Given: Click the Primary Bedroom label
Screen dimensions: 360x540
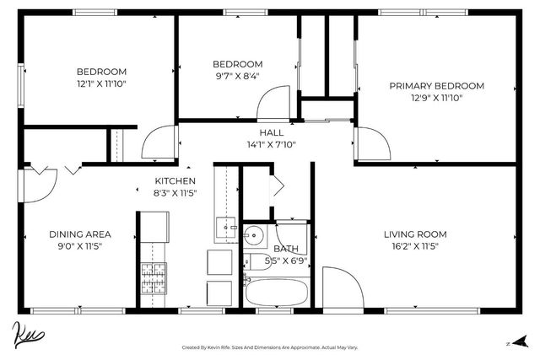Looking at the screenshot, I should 436,86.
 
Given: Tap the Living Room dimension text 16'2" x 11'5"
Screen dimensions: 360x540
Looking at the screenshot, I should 415,246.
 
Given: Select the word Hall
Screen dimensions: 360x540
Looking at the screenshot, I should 271,132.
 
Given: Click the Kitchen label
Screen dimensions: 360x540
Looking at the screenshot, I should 175,181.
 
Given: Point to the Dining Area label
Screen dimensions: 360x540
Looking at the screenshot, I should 80,234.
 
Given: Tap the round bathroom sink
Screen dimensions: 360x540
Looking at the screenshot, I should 255,235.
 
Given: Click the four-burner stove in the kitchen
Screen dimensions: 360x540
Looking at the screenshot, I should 152,277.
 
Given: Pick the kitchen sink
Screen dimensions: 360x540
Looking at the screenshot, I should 226,225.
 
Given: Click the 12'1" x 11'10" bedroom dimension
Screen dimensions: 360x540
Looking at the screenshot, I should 101,83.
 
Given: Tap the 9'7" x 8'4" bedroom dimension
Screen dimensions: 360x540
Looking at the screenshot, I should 237,75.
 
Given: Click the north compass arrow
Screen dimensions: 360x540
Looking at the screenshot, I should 521,341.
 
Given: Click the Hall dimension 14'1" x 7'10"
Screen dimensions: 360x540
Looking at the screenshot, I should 271,144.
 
